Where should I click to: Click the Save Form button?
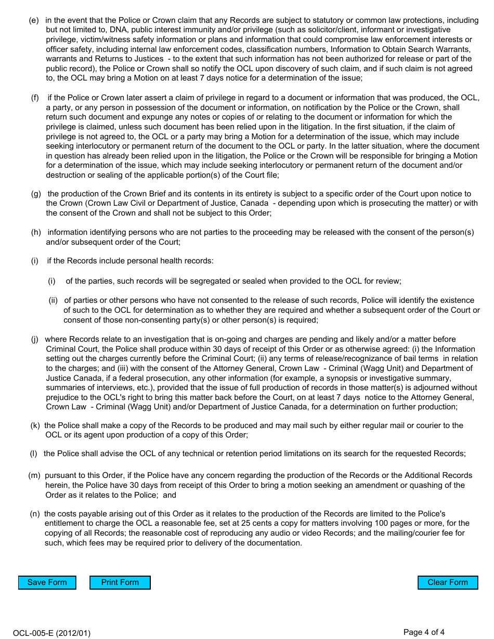pos(47,582)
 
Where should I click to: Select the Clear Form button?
pos(447,582)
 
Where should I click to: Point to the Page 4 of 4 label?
pos(424,632)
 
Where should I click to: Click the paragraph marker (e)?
pos(34,20)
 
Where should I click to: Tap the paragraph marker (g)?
pos(36,194)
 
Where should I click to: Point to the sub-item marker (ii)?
pos(53,300)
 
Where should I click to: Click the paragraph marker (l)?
pos(34,454)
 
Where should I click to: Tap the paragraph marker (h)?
pos(36,232)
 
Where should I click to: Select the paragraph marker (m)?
pos(34,475)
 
